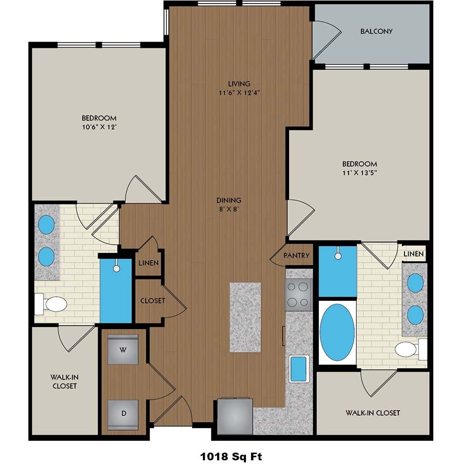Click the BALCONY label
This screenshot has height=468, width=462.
coord(376,31)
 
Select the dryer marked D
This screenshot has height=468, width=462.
coord(123,413)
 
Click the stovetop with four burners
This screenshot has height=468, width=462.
coord(298,295)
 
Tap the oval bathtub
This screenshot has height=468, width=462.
coord(337,333)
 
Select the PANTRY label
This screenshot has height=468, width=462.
coord(296,255)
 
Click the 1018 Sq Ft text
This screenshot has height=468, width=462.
coord(230,455)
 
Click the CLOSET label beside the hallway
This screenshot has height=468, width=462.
coord(152,300)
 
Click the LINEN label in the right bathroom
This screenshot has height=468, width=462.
coord(413,254)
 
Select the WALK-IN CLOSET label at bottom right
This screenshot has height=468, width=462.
coord(373,412)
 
